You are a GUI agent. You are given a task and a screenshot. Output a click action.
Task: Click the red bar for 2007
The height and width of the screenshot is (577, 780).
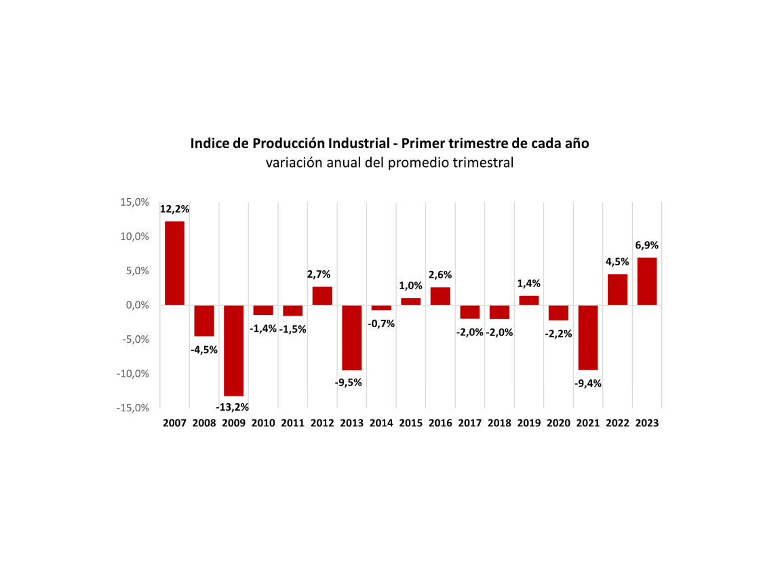coord(174,263)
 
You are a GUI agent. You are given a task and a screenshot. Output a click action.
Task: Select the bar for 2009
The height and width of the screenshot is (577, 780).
coord(233,350)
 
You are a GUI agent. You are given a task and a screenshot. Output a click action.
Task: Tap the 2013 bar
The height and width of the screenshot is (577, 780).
coord(351,337)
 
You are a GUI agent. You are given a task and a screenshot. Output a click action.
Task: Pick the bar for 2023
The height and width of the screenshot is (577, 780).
coord(646,281)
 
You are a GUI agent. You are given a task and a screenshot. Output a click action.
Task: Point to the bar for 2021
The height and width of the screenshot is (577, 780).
coord(587,337)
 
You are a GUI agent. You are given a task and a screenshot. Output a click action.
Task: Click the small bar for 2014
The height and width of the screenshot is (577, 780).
coord(381,308)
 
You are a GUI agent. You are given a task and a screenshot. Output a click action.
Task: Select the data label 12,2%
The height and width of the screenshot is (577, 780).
coord(174,209)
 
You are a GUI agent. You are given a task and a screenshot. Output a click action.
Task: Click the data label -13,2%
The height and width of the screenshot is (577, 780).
coord(233,407)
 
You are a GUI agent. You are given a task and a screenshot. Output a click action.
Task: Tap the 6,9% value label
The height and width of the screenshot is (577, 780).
coord(646,245)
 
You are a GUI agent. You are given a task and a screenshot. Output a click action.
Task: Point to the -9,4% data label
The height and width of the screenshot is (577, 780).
coord(587,383)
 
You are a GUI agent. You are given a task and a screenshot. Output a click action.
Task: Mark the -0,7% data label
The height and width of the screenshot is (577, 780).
coord(381,324)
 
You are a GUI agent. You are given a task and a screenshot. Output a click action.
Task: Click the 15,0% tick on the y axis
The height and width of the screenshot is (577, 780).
coord(134,202)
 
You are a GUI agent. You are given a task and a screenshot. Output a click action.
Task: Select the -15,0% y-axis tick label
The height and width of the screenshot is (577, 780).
coord(132,408)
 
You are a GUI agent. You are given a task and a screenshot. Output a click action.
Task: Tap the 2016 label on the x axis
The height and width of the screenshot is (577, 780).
coord(440,423)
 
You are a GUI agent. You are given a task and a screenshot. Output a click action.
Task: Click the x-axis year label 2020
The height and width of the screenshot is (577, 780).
coord(558,423)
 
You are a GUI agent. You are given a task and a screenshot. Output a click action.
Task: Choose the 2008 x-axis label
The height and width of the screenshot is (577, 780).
coord(204,423)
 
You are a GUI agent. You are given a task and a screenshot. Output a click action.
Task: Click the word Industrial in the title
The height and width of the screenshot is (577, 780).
coord(357,144)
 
